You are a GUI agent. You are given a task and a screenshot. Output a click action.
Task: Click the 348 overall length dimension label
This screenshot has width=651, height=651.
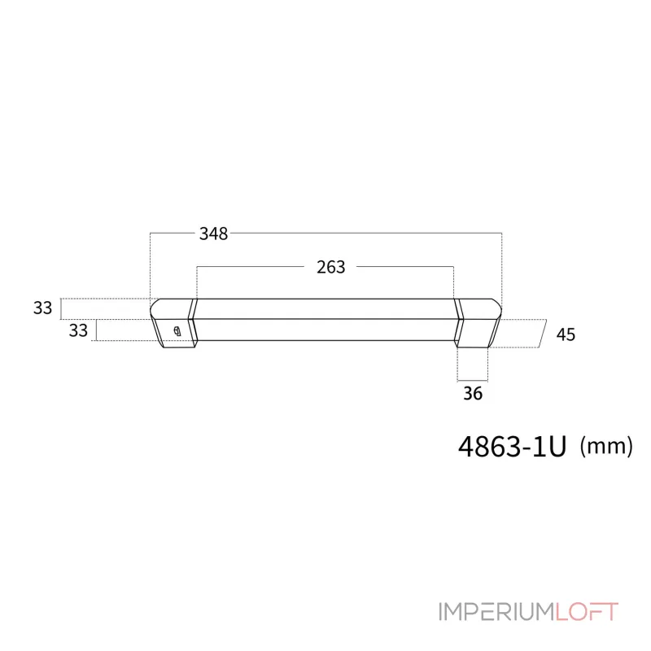[x=213, y=234]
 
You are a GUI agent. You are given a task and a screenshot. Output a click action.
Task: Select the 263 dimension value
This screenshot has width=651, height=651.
[x=331, y=267]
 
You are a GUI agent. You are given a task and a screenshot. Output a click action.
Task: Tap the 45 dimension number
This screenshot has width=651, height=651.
[x=566, y=334]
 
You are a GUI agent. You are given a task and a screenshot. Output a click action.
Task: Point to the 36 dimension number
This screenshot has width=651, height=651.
[x=473, y=393]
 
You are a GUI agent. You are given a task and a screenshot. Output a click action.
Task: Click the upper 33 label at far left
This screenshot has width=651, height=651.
[x=43, y=308]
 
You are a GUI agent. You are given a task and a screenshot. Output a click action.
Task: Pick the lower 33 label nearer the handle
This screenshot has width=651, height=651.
[x=78, y=330]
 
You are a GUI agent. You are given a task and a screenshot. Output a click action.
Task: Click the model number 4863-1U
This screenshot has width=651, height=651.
[x=513, y=447]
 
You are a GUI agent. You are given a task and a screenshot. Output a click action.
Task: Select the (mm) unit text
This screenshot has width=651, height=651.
[x=606, y=447]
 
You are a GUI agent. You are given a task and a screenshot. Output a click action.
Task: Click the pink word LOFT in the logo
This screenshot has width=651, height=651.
[x=587, y=612]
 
